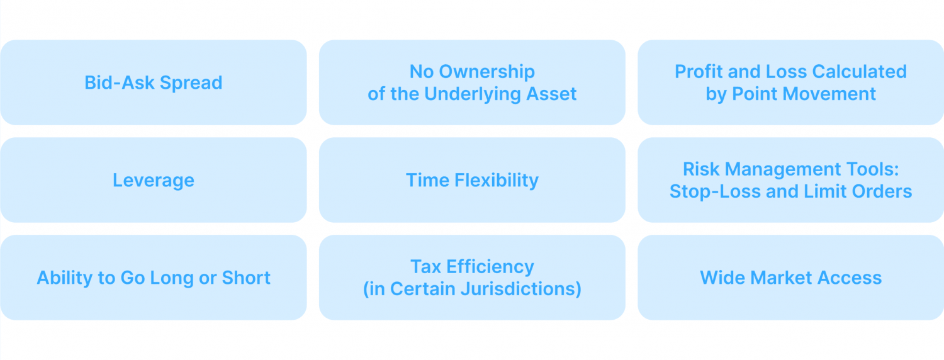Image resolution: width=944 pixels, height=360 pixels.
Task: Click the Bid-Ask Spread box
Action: click(x=153, y=82)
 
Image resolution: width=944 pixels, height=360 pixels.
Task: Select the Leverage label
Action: click(x=153, y=181)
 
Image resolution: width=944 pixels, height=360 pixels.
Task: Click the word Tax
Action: click(x=425, y=267)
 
